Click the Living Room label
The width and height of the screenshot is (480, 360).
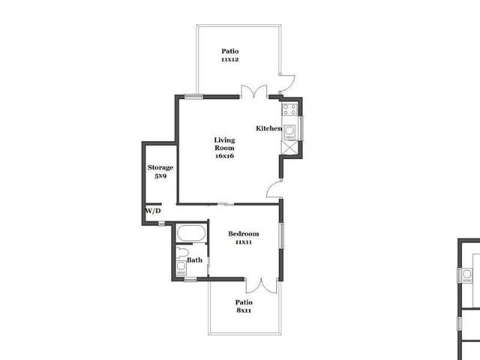click(224, 144)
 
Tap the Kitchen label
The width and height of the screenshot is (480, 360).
click(269, 128)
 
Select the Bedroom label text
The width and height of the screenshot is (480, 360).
click(244, 233)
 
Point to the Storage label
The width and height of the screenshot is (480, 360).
click(160, 167)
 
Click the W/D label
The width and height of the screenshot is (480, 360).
click(153, 211)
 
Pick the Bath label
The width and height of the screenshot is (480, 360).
click(195, 260)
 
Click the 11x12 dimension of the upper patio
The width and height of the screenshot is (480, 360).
click(230, 59)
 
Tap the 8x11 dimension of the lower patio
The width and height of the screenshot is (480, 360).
click(244, 310)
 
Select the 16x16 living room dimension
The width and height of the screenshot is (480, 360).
click(225, 156)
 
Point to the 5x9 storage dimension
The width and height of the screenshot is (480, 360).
click(160, 176)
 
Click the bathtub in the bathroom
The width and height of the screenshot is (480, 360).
click(191, 233)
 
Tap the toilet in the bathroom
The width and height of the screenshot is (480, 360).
click(182, 253)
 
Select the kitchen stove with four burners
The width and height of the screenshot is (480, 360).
click(289, 109)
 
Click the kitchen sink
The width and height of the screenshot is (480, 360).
click(289, 132)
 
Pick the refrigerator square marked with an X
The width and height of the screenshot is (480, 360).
click(289, 148)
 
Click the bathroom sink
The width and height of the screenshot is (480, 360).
click(181, 268)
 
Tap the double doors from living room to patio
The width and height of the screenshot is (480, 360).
click(254, 91)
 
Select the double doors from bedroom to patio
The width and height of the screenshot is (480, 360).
click(262, 286)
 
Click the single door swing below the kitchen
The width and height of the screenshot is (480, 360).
click(274, 189)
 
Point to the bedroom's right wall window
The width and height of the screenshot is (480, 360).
click(282, 235)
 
